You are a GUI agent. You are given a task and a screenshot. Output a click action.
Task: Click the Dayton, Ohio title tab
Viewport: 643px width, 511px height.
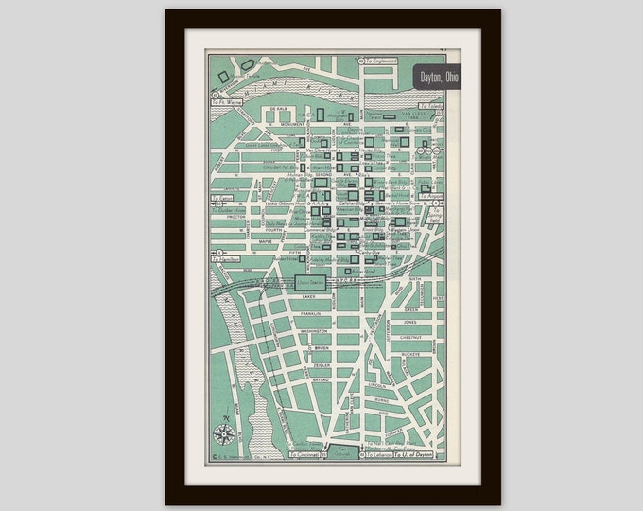click(436, 78)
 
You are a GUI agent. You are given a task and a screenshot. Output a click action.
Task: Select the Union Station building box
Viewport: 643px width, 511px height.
click(312, 281)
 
